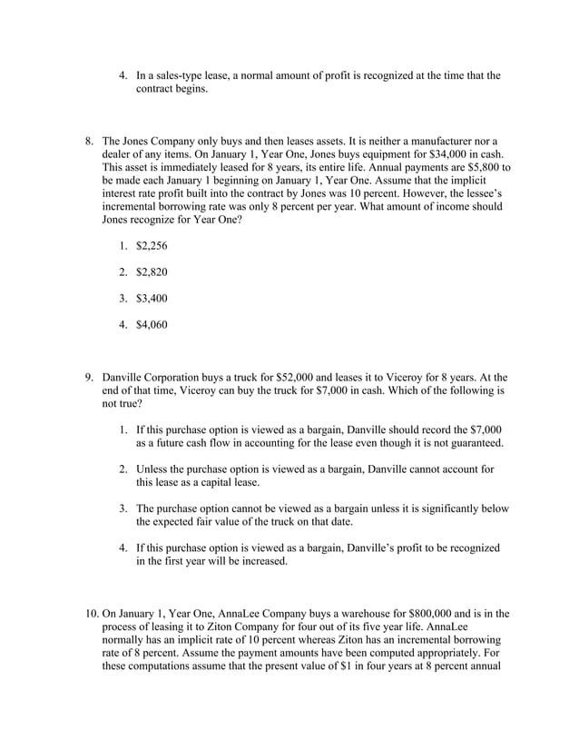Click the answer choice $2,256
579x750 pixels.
(152, 246)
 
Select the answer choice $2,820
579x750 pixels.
(152, 272)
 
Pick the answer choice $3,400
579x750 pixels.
(152, 299)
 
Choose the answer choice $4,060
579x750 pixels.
(152, 325)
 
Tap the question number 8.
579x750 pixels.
(89, 142)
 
